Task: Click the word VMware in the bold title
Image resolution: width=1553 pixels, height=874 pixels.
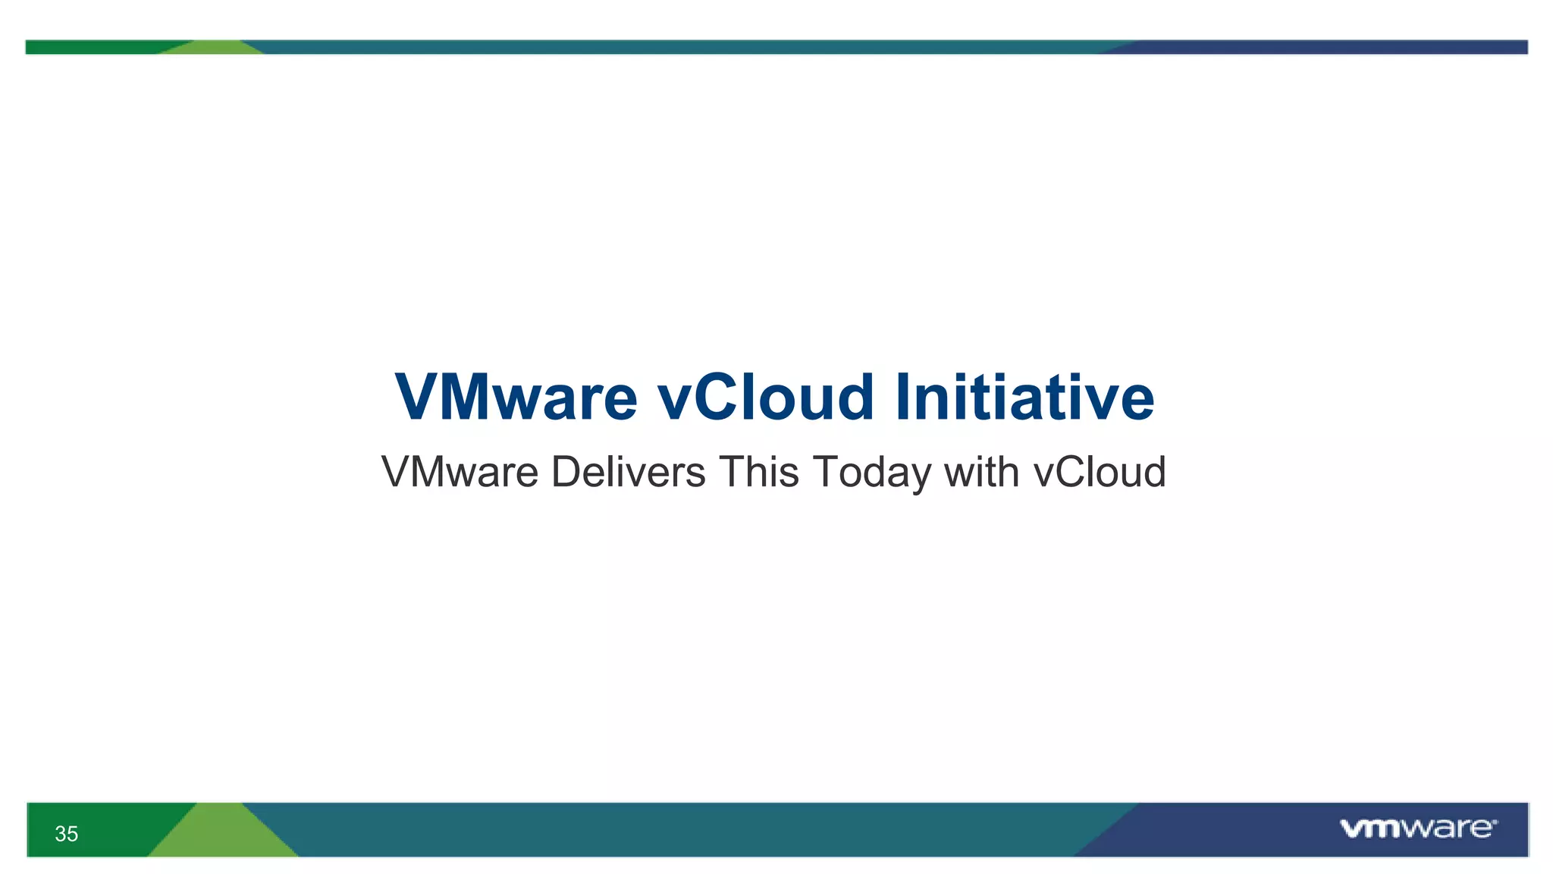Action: (x=516, y=398)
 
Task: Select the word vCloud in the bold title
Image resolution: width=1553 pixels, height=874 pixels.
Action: (x=766, y=398)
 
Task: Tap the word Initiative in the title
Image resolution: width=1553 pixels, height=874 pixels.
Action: (x=1024, y=398)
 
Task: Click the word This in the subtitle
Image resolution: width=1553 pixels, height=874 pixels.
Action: (x=758, y=472)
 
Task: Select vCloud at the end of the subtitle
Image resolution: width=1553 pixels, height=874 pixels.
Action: (x=1100, y=472)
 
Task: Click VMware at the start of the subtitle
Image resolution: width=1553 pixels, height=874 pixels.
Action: (x=460, y=472)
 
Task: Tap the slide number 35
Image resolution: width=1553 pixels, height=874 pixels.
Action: (x=67, y=834)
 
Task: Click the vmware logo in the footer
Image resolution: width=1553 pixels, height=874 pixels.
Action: (x=1417, y=828)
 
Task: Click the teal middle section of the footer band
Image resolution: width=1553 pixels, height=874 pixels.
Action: (x=682, y=829)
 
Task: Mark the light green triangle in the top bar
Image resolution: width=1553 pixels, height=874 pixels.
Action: (x=215, y=48)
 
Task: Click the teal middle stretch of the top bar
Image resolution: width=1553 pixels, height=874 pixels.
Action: (x=682, y=47)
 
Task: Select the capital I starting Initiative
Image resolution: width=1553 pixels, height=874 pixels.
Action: (x=904, y=398)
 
